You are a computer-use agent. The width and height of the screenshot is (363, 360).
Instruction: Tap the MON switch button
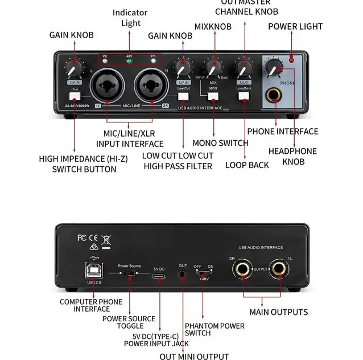[x=213, y=96]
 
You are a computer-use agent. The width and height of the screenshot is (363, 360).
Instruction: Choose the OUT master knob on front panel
[x=244, y=69]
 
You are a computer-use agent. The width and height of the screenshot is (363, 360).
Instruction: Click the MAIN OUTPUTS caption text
[x=279, y=312]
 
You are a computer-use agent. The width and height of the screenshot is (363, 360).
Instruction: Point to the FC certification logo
[x=82, y=238]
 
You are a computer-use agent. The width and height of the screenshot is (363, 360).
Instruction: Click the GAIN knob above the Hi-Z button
[x=72, y=69]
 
